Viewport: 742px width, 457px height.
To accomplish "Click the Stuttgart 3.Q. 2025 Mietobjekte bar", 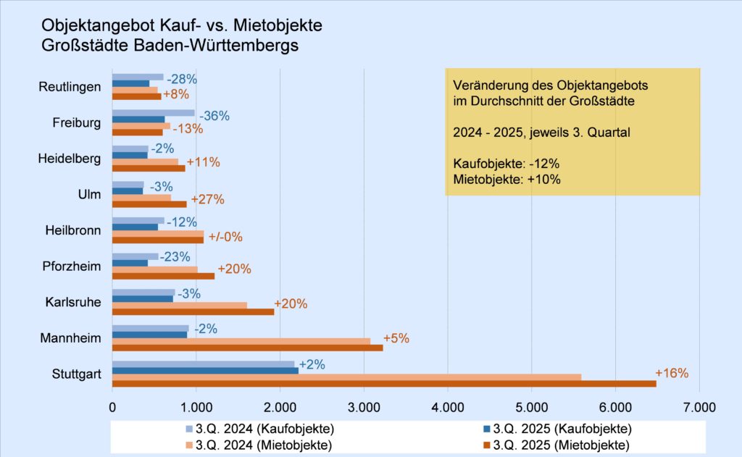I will [384, 383].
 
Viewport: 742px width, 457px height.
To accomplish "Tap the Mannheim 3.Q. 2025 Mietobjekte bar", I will [247, 348].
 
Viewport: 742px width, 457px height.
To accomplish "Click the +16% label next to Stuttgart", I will [672, 374].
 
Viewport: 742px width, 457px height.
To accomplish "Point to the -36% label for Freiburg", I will [215, 115].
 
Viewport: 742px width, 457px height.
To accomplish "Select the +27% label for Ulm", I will [208, 199].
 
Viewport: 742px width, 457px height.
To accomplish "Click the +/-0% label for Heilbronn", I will [225, 237].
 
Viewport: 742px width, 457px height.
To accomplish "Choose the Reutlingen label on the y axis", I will [70, 87].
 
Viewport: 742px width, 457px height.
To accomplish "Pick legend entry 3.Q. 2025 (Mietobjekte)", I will [562, 444].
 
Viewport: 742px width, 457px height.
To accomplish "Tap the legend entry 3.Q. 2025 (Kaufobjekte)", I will [562, 428].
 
